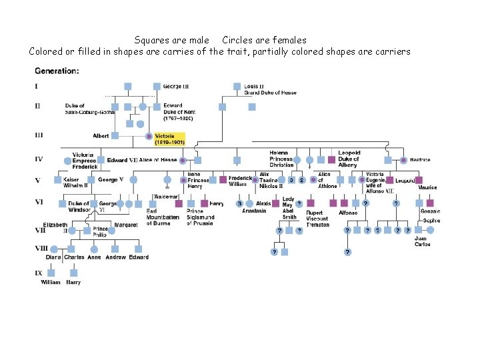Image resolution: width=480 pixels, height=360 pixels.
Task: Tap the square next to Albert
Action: pos(115,135)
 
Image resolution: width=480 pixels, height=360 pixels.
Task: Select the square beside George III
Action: pos(157,86)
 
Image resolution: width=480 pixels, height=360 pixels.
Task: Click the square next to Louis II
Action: pos(237,86)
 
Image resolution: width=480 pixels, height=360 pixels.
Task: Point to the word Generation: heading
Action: pos(57,70)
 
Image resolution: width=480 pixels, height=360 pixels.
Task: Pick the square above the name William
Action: pos(51,273)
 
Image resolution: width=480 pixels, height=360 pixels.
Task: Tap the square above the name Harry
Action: pos(73,273)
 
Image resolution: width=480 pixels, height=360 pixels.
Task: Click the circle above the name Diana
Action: pos(52,248)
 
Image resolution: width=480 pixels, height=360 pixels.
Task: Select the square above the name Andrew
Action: pos(115,248)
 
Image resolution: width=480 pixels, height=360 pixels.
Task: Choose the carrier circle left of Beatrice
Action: pos(403,160)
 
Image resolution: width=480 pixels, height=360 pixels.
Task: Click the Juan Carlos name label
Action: pos(421,241)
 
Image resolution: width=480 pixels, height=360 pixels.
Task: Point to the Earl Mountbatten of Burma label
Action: pos(163,217)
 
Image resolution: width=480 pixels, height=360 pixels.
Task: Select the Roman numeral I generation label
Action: pos(36,86)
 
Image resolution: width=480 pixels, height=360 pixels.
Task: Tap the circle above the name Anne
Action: pos(94,248)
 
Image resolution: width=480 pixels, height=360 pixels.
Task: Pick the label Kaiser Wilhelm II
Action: pos(71,183)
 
